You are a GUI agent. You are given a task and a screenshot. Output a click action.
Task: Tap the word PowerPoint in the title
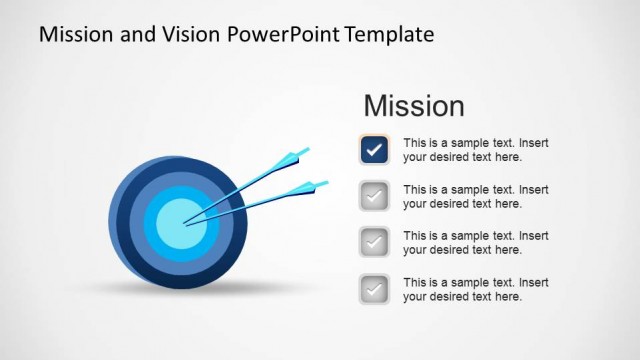283,35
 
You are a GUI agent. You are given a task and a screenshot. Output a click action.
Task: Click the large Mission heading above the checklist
413,106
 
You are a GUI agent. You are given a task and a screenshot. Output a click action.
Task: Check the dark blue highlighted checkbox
374,150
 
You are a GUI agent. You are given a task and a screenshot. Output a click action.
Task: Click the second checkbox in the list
374,197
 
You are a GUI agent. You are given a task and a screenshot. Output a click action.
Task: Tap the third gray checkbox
374,243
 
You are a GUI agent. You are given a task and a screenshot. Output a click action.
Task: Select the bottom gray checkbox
374,289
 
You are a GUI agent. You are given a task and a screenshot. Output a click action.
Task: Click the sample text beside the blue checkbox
475,150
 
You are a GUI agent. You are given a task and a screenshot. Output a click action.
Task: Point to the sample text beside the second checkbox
475,197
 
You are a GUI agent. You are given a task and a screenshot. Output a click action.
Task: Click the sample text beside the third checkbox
475,243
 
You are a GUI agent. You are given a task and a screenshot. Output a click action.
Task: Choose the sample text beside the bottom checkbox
475,289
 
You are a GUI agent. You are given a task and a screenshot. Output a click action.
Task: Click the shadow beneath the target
180,288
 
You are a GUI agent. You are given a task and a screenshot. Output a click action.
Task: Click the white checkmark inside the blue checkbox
374,150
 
